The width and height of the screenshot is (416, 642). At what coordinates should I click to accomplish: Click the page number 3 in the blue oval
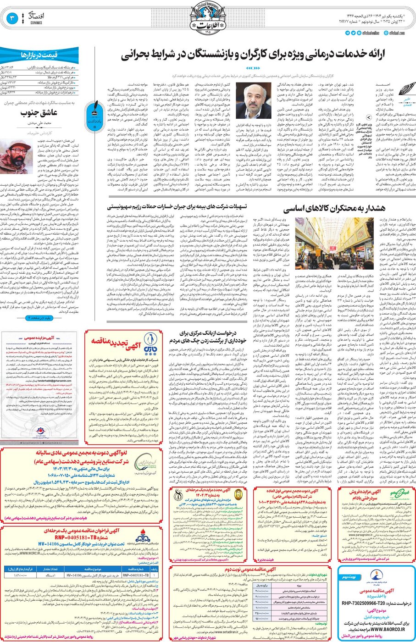click(12, 18)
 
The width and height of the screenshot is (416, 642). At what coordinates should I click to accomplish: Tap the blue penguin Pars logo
click(150, 341)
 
